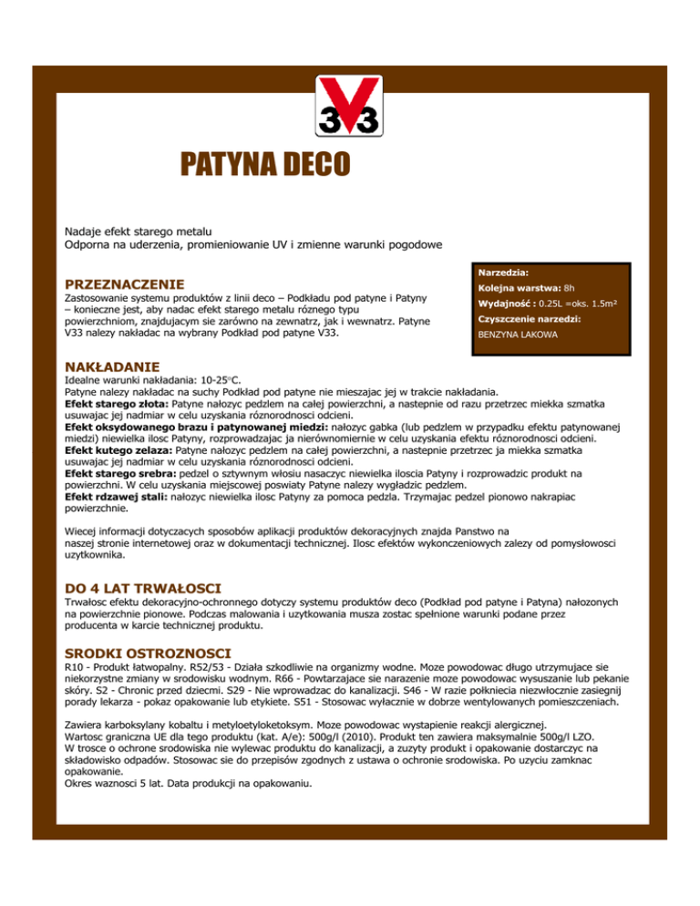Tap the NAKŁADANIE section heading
(113, 366)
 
